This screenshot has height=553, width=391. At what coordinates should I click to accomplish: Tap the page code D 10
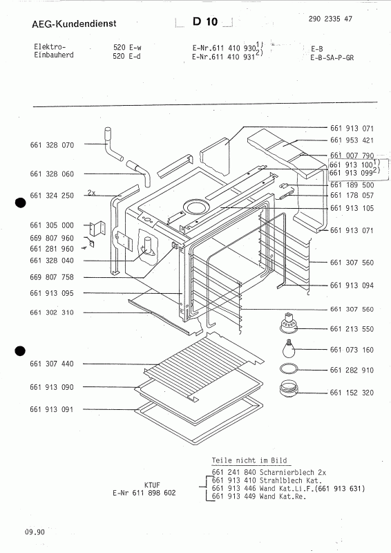pos(205,22)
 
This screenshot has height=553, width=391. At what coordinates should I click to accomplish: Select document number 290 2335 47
pos(327,19)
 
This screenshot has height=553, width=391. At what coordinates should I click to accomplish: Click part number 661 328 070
pos(52,145)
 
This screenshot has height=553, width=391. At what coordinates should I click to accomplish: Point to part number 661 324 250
pos(52,196)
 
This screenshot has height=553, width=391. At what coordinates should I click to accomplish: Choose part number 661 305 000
pos(52,225)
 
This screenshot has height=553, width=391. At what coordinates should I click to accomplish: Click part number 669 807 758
pos(52,277)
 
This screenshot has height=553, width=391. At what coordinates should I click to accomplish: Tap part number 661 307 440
pos(52,364)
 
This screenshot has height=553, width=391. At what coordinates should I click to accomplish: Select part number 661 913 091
pos(52,411)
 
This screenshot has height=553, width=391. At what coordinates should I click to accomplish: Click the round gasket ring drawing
pos(289,369)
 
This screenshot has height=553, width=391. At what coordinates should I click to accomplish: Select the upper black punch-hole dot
pos(20,203)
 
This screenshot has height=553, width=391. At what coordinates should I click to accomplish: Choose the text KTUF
pos(153,485)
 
